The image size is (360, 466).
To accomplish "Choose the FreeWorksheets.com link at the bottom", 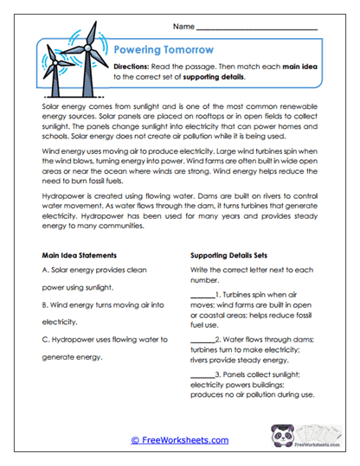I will coord(180,440).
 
